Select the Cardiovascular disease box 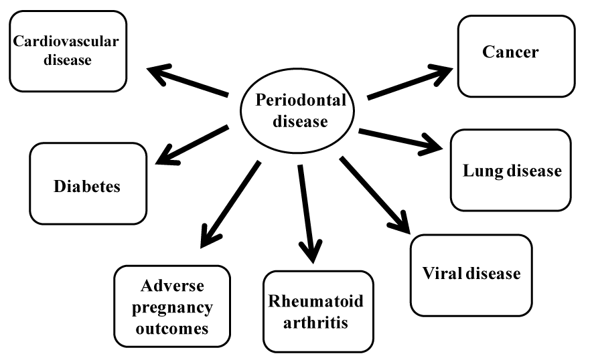(68, 51)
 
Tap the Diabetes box (88, 183)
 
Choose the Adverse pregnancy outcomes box (172, 306)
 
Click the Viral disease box (471, 274)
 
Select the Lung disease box (511, 170)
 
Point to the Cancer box (516, 56)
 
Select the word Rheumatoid (316, 302)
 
